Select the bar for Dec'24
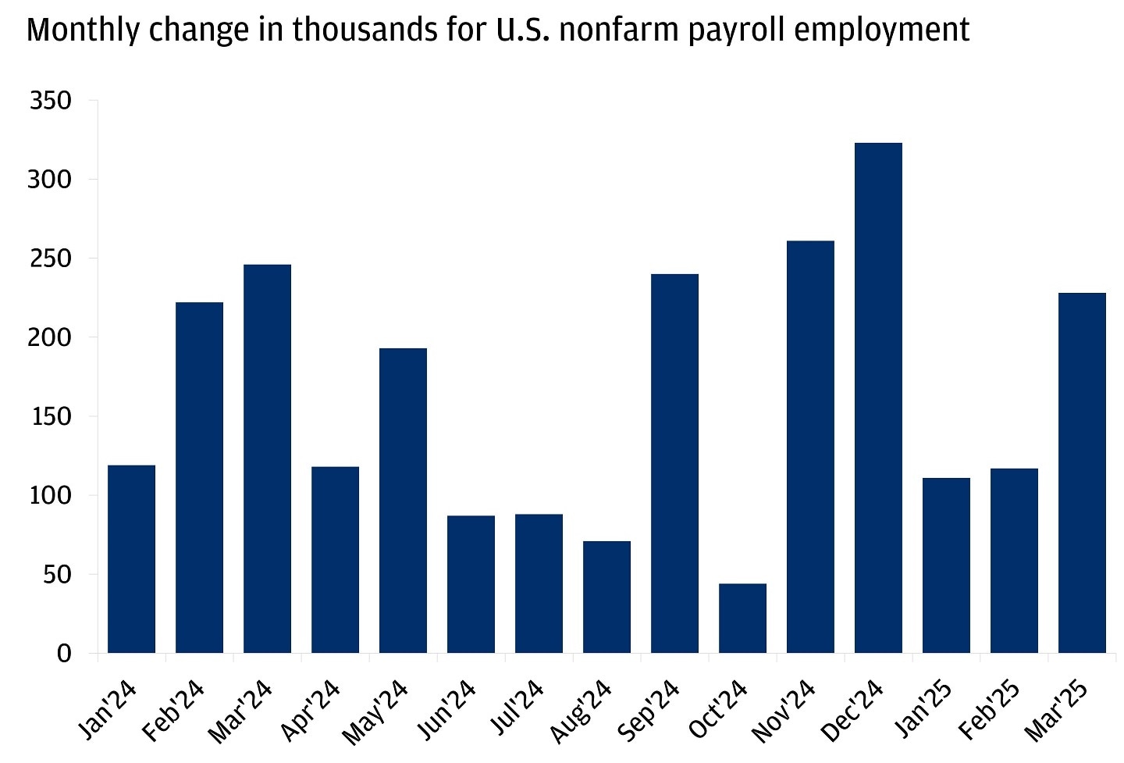[878, 398]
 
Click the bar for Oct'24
[742, 619]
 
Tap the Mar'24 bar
[267, 459]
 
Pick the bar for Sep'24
[674, 464]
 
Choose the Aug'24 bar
[606, 597]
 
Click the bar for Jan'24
[131, 559]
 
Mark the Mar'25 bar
[1082, 473]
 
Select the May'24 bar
[403, 501]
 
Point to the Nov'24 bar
[810, 447]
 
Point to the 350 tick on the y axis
[50, 101]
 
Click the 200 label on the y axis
[50, 337]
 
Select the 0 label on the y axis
[64, 654]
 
